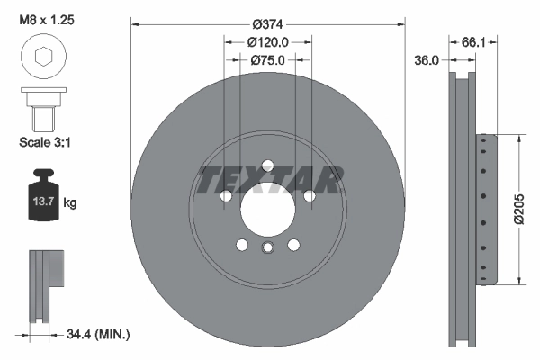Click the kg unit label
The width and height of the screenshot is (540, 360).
(x=70, y=203)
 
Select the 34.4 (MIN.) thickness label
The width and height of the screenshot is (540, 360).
(x=96, y=335)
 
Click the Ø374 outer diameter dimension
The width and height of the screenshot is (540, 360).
(x=266, y=23)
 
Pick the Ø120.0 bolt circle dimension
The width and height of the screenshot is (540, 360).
(x=266, y=41)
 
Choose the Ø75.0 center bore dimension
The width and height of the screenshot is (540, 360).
(x=266, y=60)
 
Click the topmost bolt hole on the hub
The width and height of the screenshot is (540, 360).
(x=267, y=165)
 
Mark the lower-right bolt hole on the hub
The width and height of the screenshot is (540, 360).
(x=293, y=245)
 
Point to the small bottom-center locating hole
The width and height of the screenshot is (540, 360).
(x=267, y=250)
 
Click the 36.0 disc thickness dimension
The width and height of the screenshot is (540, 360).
(x=427, y=60)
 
